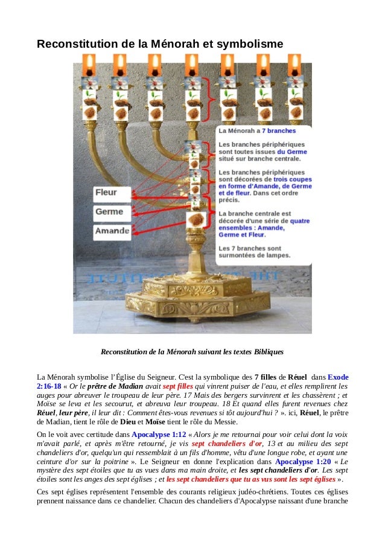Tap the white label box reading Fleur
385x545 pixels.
coord(112,194)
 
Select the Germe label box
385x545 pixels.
coord(112,212)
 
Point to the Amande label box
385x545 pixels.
coord(112,231)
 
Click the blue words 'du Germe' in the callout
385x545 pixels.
coord(292,152)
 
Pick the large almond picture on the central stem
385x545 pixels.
coord(195,218)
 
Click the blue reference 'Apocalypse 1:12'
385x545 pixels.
coord(159,434)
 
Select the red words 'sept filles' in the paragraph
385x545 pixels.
coord(177,386)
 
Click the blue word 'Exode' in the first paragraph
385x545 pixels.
coord(338,377)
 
